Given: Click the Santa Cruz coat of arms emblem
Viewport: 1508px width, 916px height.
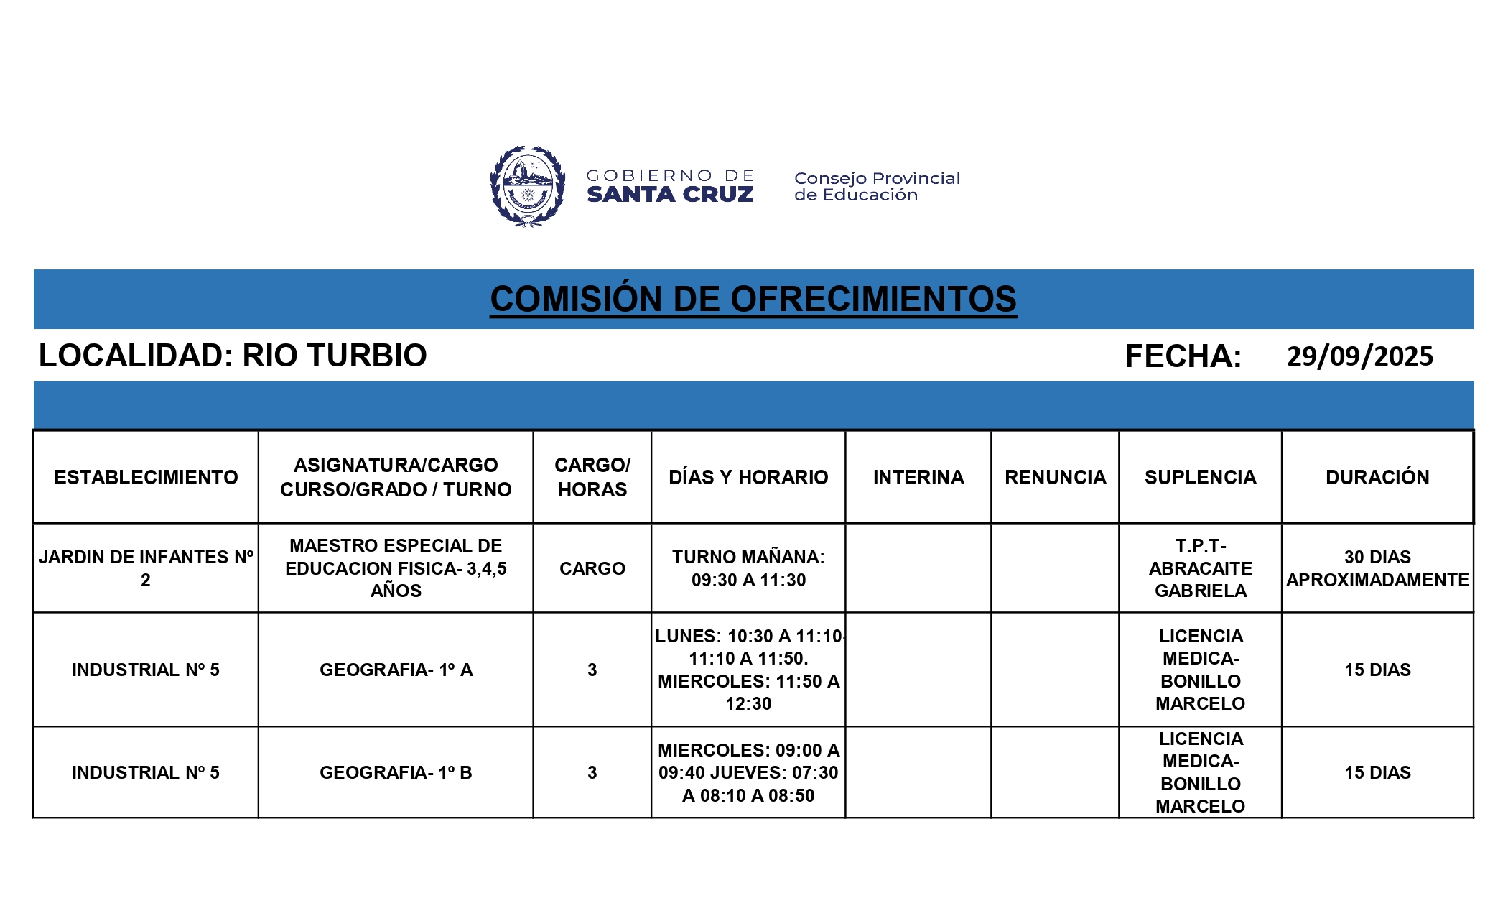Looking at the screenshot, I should point(528,186).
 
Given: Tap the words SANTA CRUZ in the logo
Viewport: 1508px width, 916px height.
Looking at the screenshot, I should point(670,195).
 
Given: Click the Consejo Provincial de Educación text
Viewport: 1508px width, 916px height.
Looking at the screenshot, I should point(876,186).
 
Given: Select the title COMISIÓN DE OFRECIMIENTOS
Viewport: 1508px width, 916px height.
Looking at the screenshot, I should point(753,299).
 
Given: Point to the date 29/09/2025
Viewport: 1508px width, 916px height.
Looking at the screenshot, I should point(1359,356).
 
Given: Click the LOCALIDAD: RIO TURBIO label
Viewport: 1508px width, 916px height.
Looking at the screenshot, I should point(233,356).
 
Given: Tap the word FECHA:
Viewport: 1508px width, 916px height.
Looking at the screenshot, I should point(1183,356).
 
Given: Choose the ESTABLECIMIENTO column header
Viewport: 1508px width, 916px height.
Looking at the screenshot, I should point(146,477).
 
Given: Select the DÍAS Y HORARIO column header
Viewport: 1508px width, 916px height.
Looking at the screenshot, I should point(748,477).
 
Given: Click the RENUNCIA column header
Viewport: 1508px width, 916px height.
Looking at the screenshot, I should point(1055,477).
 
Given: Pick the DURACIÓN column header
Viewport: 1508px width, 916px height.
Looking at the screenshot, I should point(1377,477).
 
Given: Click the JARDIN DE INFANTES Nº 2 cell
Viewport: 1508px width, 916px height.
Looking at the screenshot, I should point(146,568).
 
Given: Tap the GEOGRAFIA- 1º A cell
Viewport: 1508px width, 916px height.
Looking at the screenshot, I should point(396,670).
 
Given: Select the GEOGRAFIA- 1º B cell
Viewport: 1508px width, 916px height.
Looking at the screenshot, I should point(396,772).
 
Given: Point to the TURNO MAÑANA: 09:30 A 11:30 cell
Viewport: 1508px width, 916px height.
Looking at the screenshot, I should point(748,568).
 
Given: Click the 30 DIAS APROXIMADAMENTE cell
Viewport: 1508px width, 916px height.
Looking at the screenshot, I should point(1377,568).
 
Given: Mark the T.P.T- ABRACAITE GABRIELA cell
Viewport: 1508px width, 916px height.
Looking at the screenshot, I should point(1200,568).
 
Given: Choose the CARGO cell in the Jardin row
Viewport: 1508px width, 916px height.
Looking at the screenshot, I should point(592,568).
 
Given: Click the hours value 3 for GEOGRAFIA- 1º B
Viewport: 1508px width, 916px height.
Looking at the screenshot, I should point(592,772).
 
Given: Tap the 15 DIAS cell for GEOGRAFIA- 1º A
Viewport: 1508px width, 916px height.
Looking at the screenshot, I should point(1377,670).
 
